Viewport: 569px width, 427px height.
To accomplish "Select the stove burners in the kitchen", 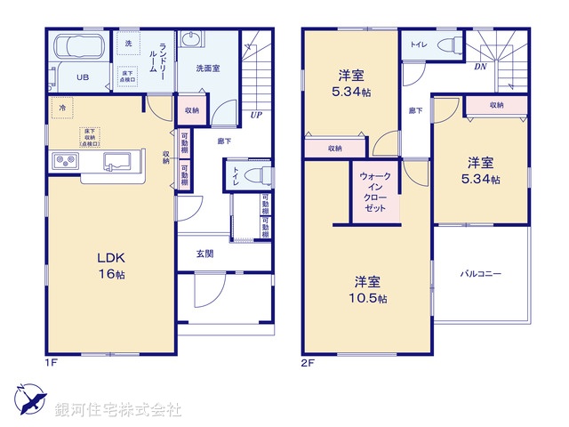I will point(66,161).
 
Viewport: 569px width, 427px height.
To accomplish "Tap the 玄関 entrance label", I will point(205,254).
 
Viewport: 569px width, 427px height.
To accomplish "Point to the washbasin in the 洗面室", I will point(190,39).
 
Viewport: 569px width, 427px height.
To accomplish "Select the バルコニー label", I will point(480,273).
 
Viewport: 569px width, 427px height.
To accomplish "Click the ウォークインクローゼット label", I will point(373,190).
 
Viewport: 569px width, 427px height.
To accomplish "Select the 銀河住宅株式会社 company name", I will point(117,410).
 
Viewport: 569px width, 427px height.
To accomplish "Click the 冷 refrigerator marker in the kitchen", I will point(62,108).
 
